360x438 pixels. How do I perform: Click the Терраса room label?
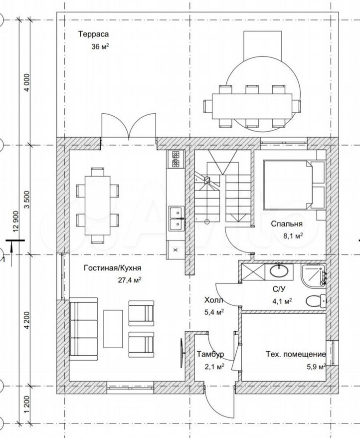point(93,34)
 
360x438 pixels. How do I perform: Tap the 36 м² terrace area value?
point(100,46)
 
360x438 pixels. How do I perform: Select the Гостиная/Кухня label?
point(113,268)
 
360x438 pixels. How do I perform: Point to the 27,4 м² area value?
point(129,280)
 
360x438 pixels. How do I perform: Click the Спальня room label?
point(287,224)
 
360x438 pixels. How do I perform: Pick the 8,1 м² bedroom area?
point(293,236)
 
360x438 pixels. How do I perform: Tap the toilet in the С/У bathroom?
point(316,301)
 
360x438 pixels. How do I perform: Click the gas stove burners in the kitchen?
point(176,159)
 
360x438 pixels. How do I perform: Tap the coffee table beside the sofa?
point(113,329)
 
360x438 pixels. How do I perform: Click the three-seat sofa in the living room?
point(83,328)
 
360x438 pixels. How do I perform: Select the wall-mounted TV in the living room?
point(182,353)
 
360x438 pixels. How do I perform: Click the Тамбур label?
point(210,354)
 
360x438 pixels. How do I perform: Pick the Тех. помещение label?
point(296,354)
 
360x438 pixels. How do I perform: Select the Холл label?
point(213,300)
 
